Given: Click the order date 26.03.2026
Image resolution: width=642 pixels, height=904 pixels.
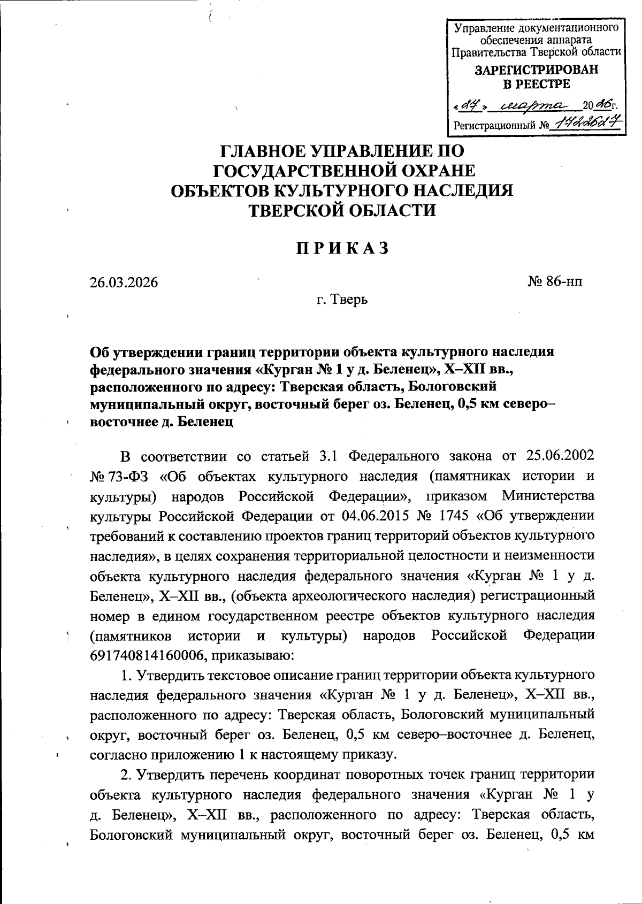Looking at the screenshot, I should (x=124, y=282).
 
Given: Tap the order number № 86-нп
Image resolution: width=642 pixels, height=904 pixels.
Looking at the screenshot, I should (x=555, y=281).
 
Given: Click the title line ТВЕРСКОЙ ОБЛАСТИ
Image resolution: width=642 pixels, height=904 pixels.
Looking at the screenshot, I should (x=342, y=210).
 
